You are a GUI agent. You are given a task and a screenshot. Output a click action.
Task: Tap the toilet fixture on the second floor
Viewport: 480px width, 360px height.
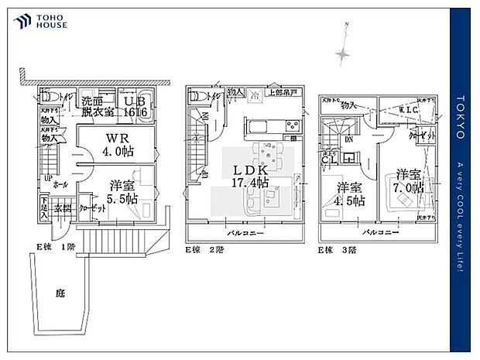198,97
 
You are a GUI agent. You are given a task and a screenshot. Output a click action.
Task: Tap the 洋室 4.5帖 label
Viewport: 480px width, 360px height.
348,193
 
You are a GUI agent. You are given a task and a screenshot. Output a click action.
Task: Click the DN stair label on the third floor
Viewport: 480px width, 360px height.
349,140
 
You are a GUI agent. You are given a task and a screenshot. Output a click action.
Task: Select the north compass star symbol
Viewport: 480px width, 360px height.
342,53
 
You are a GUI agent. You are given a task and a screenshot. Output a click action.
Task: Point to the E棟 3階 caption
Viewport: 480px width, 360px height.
338,250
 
